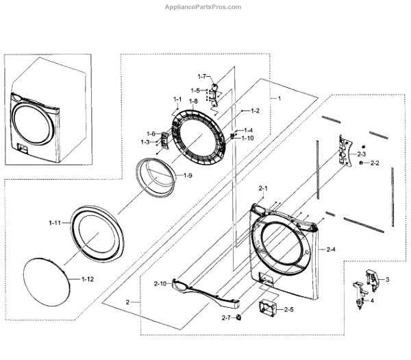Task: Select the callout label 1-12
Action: pyautogui.click(x=87, y=279)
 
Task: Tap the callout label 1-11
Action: pyautogui.click(x=55, y=222)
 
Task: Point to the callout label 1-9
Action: pyautogui.click(x=188, y=176)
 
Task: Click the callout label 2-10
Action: pyautogui.click(x=160, y=283)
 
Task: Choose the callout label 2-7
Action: pyautogui.click(x=227, y=318)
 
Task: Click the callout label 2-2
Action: pyautogui.click(x=374, y=163)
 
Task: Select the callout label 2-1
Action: pyautogui.click(x=263, y=188)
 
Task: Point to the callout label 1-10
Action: pyautogui.click(x=247, y=138)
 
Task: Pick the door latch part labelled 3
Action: pyautogui.click(x=369, y=277)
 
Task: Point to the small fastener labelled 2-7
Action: pyautogui.click(x=239, y=317)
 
